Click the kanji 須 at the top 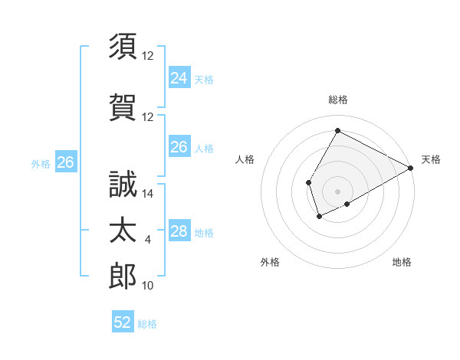pyautogui.click(x=123, y=46)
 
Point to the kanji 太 pyautogui.click(x=123, y=231)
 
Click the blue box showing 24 pyautogui.click(x=179, y=77)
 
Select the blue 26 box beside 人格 pyautogui.click(x=179, y=147)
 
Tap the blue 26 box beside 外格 pyautogui.click(x=65, y=162)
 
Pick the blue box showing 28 pyautogui.click(x=179, y=231)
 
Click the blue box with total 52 pyautogui.click(x=123, y=322)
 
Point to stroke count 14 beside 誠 pyautogui.click(x=148, y=194)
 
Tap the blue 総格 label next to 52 pyautogui.click(x=147, y=324)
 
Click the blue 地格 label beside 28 pyautogui.click(x=204, y=233)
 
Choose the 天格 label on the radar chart pyautogui.click(x=431, y=159)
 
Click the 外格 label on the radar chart pyautogui.click(x=270, y=262)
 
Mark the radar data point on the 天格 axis pyautogui.click(x=411, y=169)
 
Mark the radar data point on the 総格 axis pyautogui.click(x=337, y=130)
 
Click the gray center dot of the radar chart pyautogui.click(x=337, y=191)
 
